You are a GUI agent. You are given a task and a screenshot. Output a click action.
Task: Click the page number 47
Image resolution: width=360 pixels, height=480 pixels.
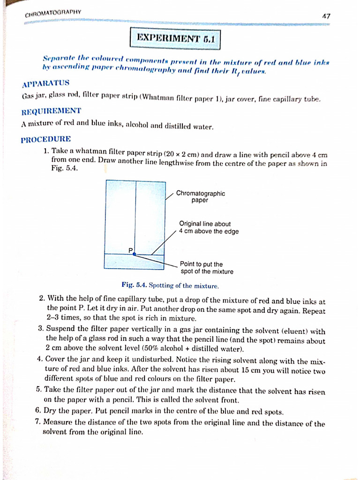pos(326,16)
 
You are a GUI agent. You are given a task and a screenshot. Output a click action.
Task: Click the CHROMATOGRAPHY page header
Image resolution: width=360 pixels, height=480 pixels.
pos(53,13)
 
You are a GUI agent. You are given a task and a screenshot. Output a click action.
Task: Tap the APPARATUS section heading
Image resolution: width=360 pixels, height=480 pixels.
pos(45,84)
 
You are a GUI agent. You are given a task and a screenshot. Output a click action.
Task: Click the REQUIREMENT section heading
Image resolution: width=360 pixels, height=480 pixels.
pos(51,112)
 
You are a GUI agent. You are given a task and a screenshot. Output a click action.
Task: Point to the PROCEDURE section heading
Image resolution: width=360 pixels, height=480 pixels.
pos(46,139)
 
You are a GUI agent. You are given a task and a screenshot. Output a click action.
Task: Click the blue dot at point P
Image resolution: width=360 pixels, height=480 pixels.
pos(134,254)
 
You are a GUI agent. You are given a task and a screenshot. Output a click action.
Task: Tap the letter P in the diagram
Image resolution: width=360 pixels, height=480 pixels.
pos(131,250)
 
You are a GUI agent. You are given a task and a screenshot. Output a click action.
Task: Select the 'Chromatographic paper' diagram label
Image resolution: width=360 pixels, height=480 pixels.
pos(201,197)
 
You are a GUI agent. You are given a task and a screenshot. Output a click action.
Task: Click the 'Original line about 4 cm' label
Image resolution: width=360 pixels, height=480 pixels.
pos(209,227)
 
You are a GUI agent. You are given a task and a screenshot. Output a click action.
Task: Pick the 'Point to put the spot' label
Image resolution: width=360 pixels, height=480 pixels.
pos(206,268)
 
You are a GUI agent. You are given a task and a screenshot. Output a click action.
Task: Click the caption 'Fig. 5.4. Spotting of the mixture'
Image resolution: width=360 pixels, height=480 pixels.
pos(170,285)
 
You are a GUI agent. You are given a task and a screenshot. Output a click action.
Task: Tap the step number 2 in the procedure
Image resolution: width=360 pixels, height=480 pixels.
pos(42,298)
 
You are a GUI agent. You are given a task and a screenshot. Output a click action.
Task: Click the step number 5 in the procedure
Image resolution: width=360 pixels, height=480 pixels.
pos(38,389)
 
